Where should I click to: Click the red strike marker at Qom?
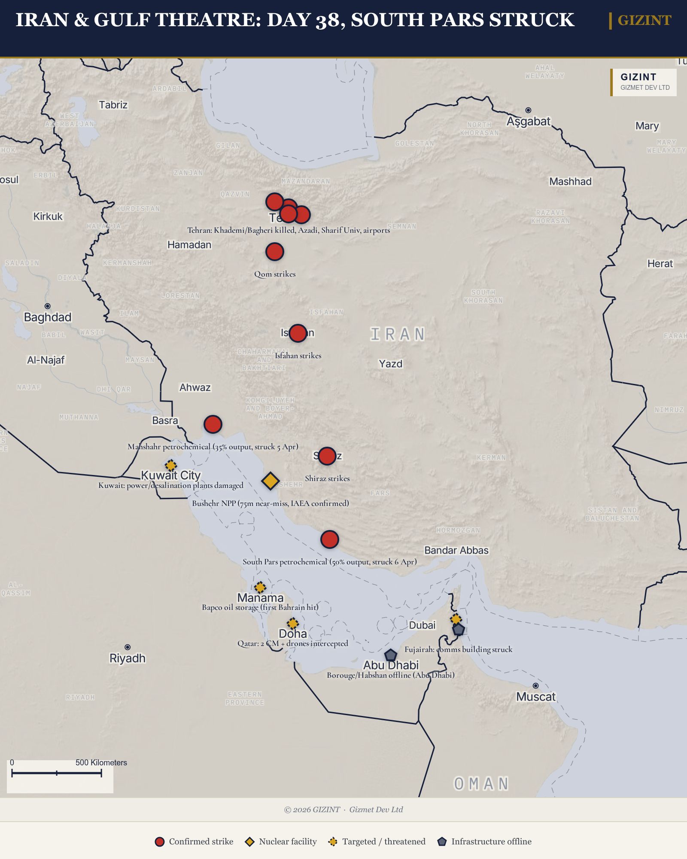point(275,252)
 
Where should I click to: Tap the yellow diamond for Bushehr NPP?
point(270,481)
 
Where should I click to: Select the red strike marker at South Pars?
point(329,539)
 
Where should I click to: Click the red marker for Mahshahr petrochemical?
point(213,424)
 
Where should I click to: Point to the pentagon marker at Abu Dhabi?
point(390,655)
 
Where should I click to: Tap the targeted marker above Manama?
point(260,587)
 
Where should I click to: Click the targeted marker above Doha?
point(293,623)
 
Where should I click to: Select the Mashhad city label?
point(570,182)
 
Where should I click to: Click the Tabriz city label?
point(113,105)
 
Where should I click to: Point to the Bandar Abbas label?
point(456,551)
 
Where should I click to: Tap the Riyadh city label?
point(128,658)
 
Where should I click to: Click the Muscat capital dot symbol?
point(535,685)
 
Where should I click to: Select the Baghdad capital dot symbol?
point(48,306)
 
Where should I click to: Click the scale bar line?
point(57,773)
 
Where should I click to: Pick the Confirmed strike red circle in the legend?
point(160,842)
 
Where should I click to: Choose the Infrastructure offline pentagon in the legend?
point(442,842)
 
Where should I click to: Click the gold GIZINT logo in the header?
point(644,20)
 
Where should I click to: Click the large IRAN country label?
point(398,334)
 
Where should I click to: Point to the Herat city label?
point(660,264)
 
